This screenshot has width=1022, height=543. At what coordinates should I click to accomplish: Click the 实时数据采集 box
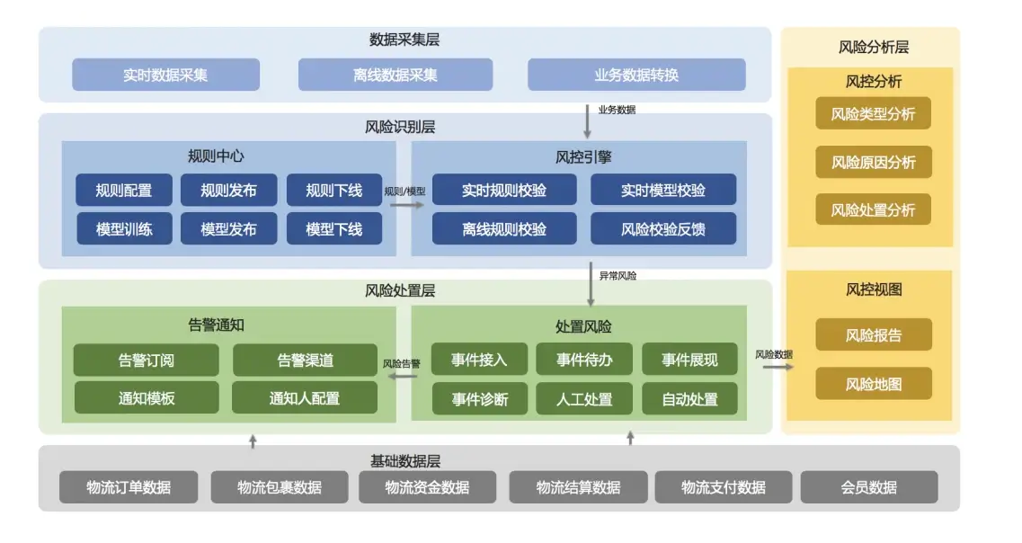(x=165, y=75)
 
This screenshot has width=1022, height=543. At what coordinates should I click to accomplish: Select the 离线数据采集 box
(x=395, y=75)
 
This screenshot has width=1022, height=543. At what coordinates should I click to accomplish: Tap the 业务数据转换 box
(x=636, y=75)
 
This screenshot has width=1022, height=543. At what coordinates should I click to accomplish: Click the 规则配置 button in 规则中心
(x=124, y=190)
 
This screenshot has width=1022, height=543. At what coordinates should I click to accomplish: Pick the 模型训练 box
(x=124, y=228)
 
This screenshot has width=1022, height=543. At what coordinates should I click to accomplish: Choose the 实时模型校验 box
(x=662, y=190)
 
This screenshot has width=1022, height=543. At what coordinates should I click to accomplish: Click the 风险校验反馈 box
(x=662, y=228)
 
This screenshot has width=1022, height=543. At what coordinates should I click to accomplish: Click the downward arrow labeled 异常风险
(x=591, y=285)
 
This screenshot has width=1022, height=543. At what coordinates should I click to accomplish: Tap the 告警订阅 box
(x=146, y=360)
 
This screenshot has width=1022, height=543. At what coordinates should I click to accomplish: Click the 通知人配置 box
(x=304, y=397)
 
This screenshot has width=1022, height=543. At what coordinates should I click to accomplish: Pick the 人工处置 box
(x=584, y=398)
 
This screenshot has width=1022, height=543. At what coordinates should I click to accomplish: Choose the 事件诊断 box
(x=479, y=398)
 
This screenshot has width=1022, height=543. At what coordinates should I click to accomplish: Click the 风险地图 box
(x=873, y=384)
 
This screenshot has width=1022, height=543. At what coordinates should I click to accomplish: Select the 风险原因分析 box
(x=873, y=162)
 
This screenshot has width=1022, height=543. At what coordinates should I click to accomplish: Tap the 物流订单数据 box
(x=129, y=487)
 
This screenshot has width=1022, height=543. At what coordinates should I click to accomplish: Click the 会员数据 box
(x=868, y=487)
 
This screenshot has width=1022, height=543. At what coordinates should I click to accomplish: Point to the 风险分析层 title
(x=873, y=48)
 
